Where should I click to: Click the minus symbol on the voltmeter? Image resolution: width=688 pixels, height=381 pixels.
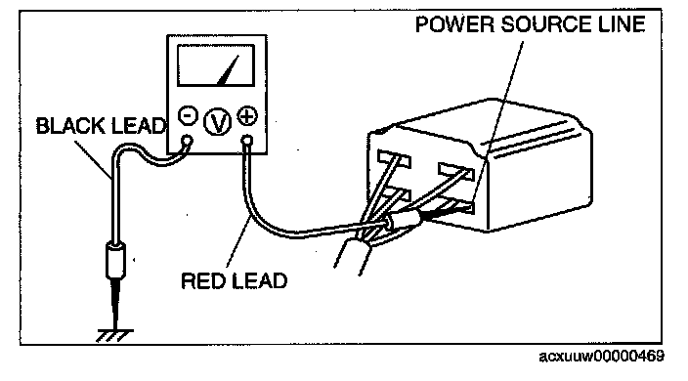pyautogui.click(x=188, y=115)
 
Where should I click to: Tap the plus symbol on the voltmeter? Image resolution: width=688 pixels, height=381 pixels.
pyautogui.click(x=247, y=116)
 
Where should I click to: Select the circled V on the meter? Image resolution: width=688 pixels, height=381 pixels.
pyautogui.click(x=218, y=120)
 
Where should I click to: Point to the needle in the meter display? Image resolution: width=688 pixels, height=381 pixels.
pyautogui.click(x=228, y=70)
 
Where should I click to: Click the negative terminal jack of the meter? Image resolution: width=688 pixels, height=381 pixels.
pyautogui.click(x=188, y=141)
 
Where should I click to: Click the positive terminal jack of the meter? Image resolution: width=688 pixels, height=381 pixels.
pyautogui.click(x=247, y=141)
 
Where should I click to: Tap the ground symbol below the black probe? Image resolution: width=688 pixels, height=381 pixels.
pyautogui.click(x=114, y=336)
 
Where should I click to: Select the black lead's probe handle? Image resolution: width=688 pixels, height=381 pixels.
pyautogui.click(x=116, y=261)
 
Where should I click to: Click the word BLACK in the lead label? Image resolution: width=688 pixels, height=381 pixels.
pyautogui.click(x=70, y=126)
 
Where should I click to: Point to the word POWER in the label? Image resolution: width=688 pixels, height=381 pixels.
pyautogui.click(x=454, y=24)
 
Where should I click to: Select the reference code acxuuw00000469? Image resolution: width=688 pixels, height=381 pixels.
pyautogui.click(x=602, y=356)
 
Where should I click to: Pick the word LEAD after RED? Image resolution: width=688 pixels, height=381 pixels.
pyautogui.click(x=260, y=280)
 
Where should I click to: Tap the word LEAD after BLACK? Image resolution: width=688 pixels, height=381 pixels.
pyautogui.click(x=138, y=126)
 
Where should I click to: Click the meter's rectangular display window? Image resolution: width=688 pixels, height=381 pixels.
pyautogui.click(x=216, y=65)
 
